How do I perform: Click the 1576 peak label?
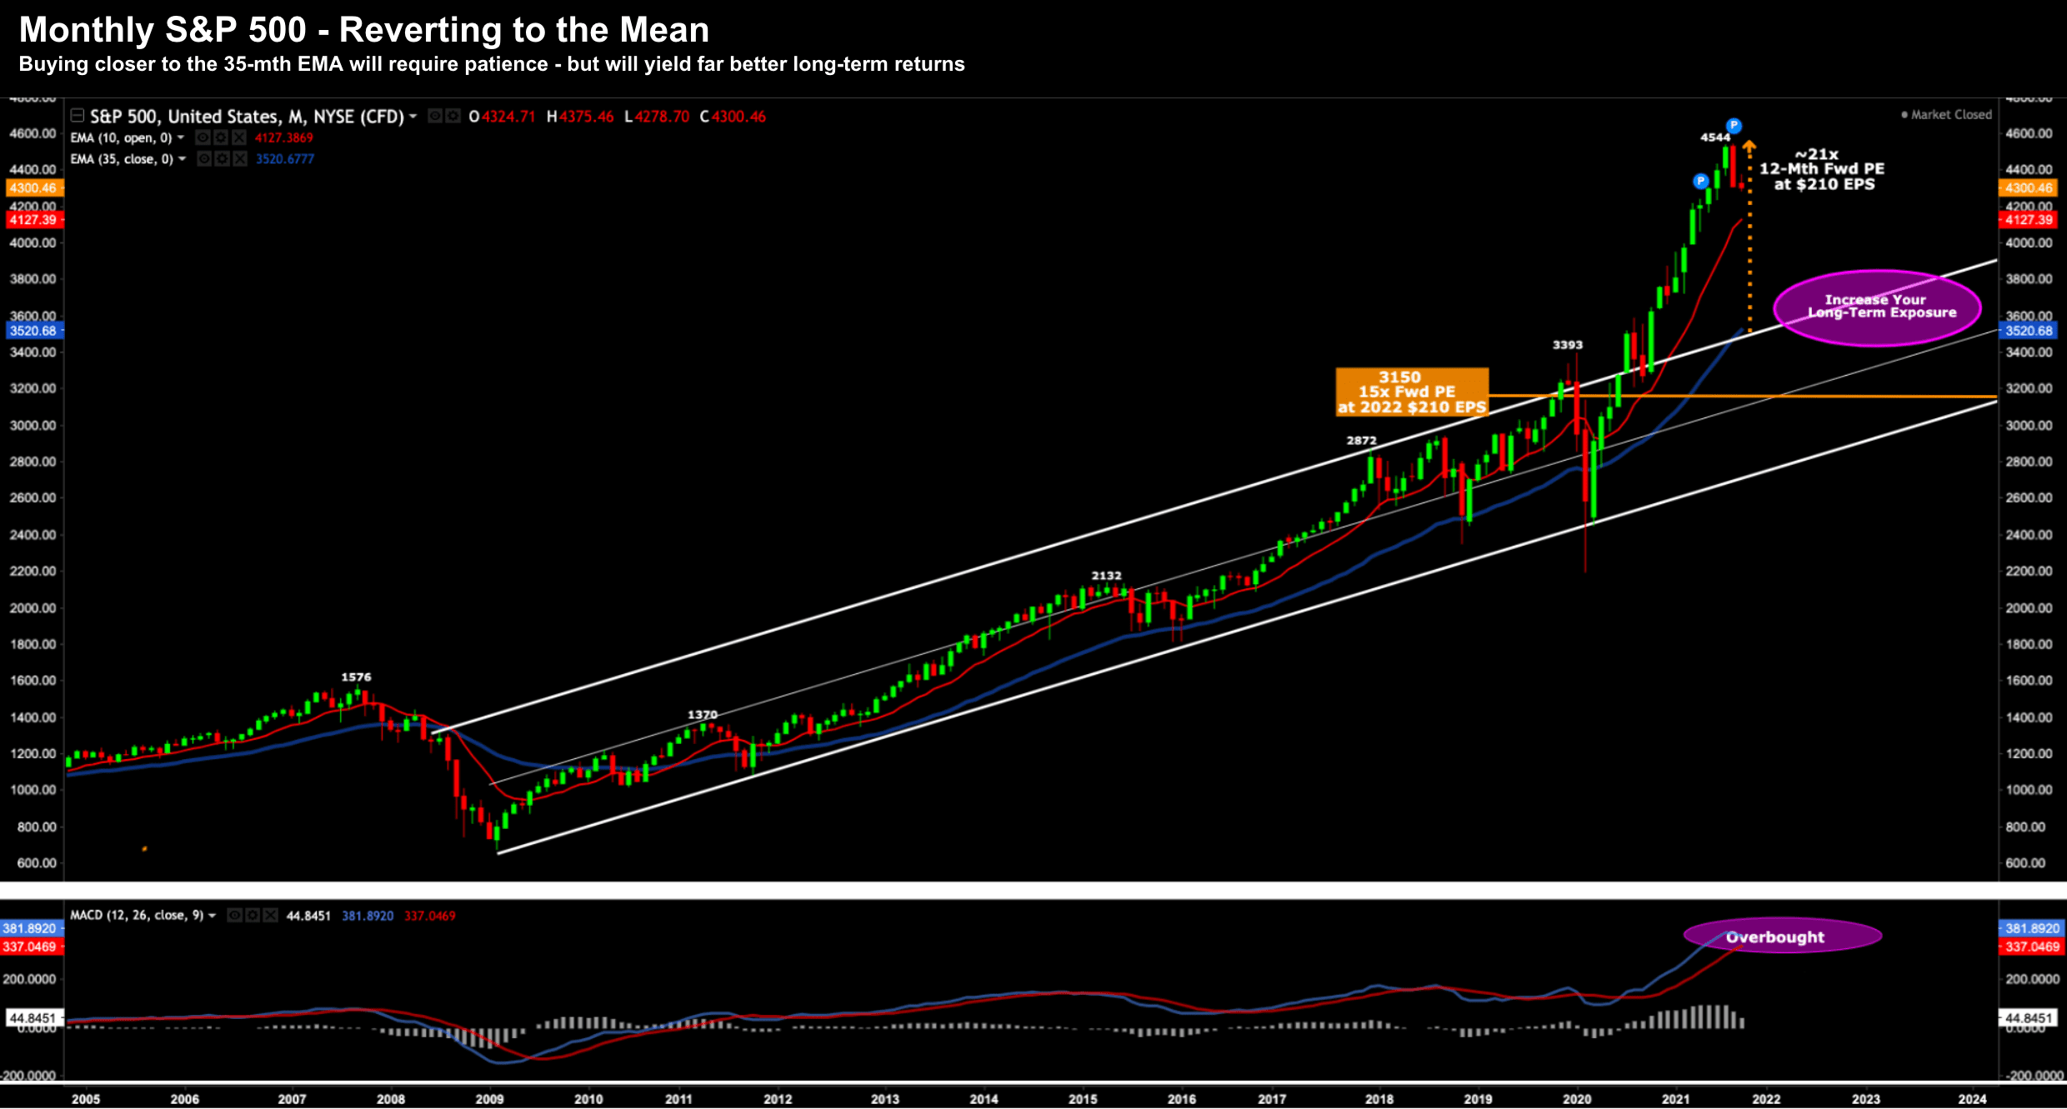(x=356, y=677)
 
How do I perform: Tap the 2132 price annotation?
(x=1106, y=576)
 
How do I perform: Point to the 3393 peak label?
(x=1567, y=345)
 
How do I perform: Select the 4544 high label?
(x=1714, y=137)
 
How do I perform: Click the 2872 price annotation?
(x=1361, y=441)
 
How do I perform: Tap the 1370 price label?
(x=702, y=715)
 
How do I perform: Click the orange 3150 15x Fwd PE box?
(x=1411, y=392)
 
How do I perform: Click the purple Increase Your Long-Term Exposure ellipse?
(x=1877, y=307)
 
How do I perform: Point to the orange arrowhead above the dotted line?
(x=1749, y=147)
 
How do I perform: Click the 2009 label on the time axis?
(x=489, y=1099)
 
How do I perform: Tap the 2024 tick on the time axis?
(x=1971, y=1099)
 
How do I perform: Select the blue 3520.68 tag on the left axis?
(x=33, y=331)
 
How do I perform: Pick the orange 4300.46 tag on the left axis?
(x=33, y=188)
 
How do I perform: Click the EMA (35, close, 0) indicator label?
(x=122, y=159)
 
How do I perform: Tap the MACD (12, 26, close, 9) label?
(x=137, y=915)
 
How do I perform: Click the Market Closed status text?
(x=1950, y=115)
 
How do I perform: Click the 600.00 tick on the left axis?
(x=37, y=863)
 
